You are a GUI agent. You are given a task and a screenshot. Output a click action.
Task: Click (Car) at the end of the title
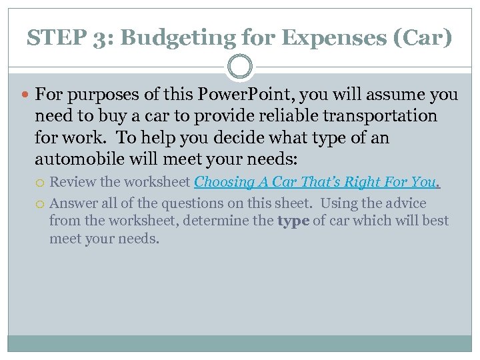pos(427,38)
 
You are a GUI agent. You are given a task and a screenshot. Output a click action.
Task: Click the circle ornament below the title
pos(240,67)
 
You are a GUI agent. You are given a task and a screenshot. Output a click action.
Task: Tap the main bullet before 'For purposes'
pos(27,95)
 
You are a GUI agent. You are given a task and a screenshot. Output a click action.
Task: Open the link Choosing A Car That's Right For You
pos(317,182)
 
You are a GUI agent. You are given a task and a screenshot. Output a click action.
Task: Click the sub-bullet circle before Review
pos(41,182)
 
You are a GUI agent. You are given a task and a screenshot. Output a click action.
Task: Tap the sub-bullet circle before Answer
pos(41,203)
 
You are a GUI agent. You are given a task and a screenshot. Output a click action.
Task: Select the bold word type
pos(293,221)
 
